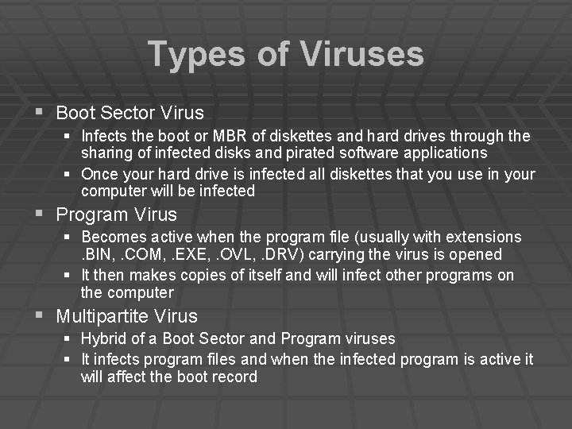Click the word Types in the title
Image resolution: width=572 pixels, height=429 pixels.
point(195,55)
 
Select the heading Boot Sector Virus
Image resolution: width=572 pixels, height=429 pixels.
point(129,113)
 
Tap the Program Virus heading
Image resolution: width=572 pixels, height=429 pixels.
point(116,214)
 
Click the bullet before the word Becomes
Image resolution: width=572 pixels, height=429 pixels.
point(69,238)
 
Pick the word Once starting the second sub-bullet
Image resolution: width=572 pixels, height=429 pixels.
point(99,174)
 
